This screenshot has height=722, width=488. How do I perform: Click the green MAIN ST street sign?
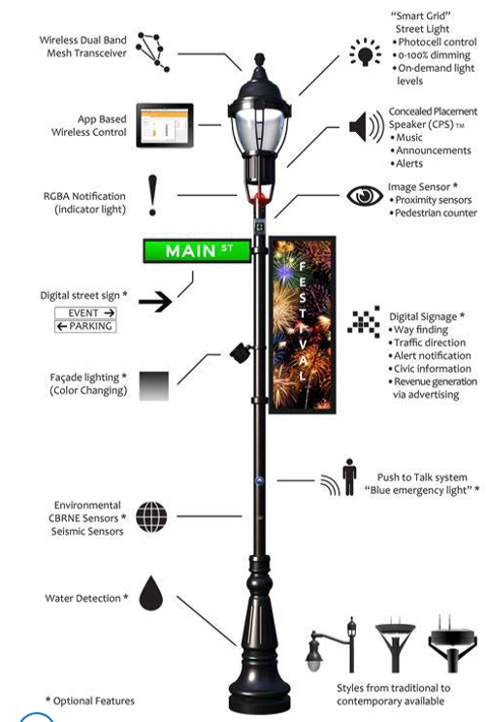(197, 250)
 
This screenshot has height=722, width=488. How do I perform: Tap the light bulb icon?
(365, 52)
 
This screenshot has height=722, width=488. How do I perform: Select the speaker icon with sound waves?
(367, 126)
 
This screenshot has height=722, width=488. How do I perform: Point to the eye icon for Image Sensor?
(364, 196)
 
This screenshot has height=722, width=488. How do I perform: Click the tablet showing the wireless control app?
(164, 125)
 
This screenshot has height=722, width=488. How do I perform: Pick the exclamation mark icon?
(152, 195)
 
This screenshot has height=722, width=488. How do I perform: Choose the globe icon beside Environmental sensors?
(151, 517)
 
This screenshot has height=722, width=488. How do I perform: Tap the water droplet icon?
(151, 593)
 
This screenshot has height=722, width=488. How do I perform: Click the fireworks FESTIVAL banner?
(302, 325)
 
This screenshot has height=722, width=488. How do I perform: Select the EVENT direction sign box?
(85, 313)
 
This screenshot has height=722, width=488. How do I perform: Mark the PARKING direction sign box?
(85, 326)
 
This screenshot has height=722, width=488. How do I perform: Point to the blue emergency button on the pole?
(260, 480)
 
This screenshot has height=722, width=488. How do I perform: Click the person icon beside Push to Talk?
(349, 477)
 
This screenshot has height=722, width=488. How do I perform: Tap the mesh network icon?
(153, 52)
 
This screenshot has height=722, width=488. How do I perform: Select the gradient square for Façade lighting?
(153, 386)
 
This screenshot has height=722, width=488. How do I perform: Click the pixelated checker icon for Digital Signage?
(364, 321)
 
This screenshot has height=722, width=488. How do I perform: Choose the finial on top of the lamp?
(260, 60)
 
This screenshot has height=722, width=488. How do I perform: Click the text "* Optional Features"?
(90, 701)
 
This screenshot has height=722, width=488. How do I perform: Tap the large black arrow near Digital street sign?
(155, 302)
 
